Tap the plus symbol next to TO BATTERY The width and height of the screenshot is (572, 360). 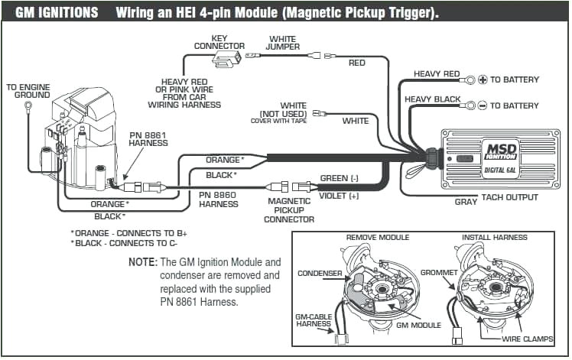[x=483, y=79]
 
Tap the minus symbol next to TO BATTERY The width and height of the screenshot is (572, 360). [x=483, y=105]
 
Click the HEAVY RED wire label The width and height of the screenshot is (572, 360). [x=437, y=74]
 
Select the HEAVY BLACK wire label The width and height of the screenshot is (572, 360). [x=433, y=99]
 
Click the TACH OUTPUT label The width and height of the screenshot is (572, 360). [x=510, y=197]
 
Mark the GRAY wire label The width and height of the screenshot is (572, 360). [x=466, y=202]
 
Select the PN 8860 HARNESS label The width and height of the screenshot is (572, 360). [x=219, y=199]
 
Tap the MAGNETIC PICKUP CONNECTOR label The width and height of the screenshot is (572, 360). [x=289, y=210]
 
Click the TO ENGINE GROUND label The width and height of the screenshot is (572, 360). [x=28, y=92]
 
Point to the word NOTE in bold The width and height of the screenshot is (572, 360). [x=142, y=261]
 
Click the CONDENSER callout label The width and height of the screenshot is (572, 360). [x=320, y=274]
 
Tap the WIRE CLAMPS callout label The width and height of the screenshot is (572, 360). [x=528, y=339]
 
